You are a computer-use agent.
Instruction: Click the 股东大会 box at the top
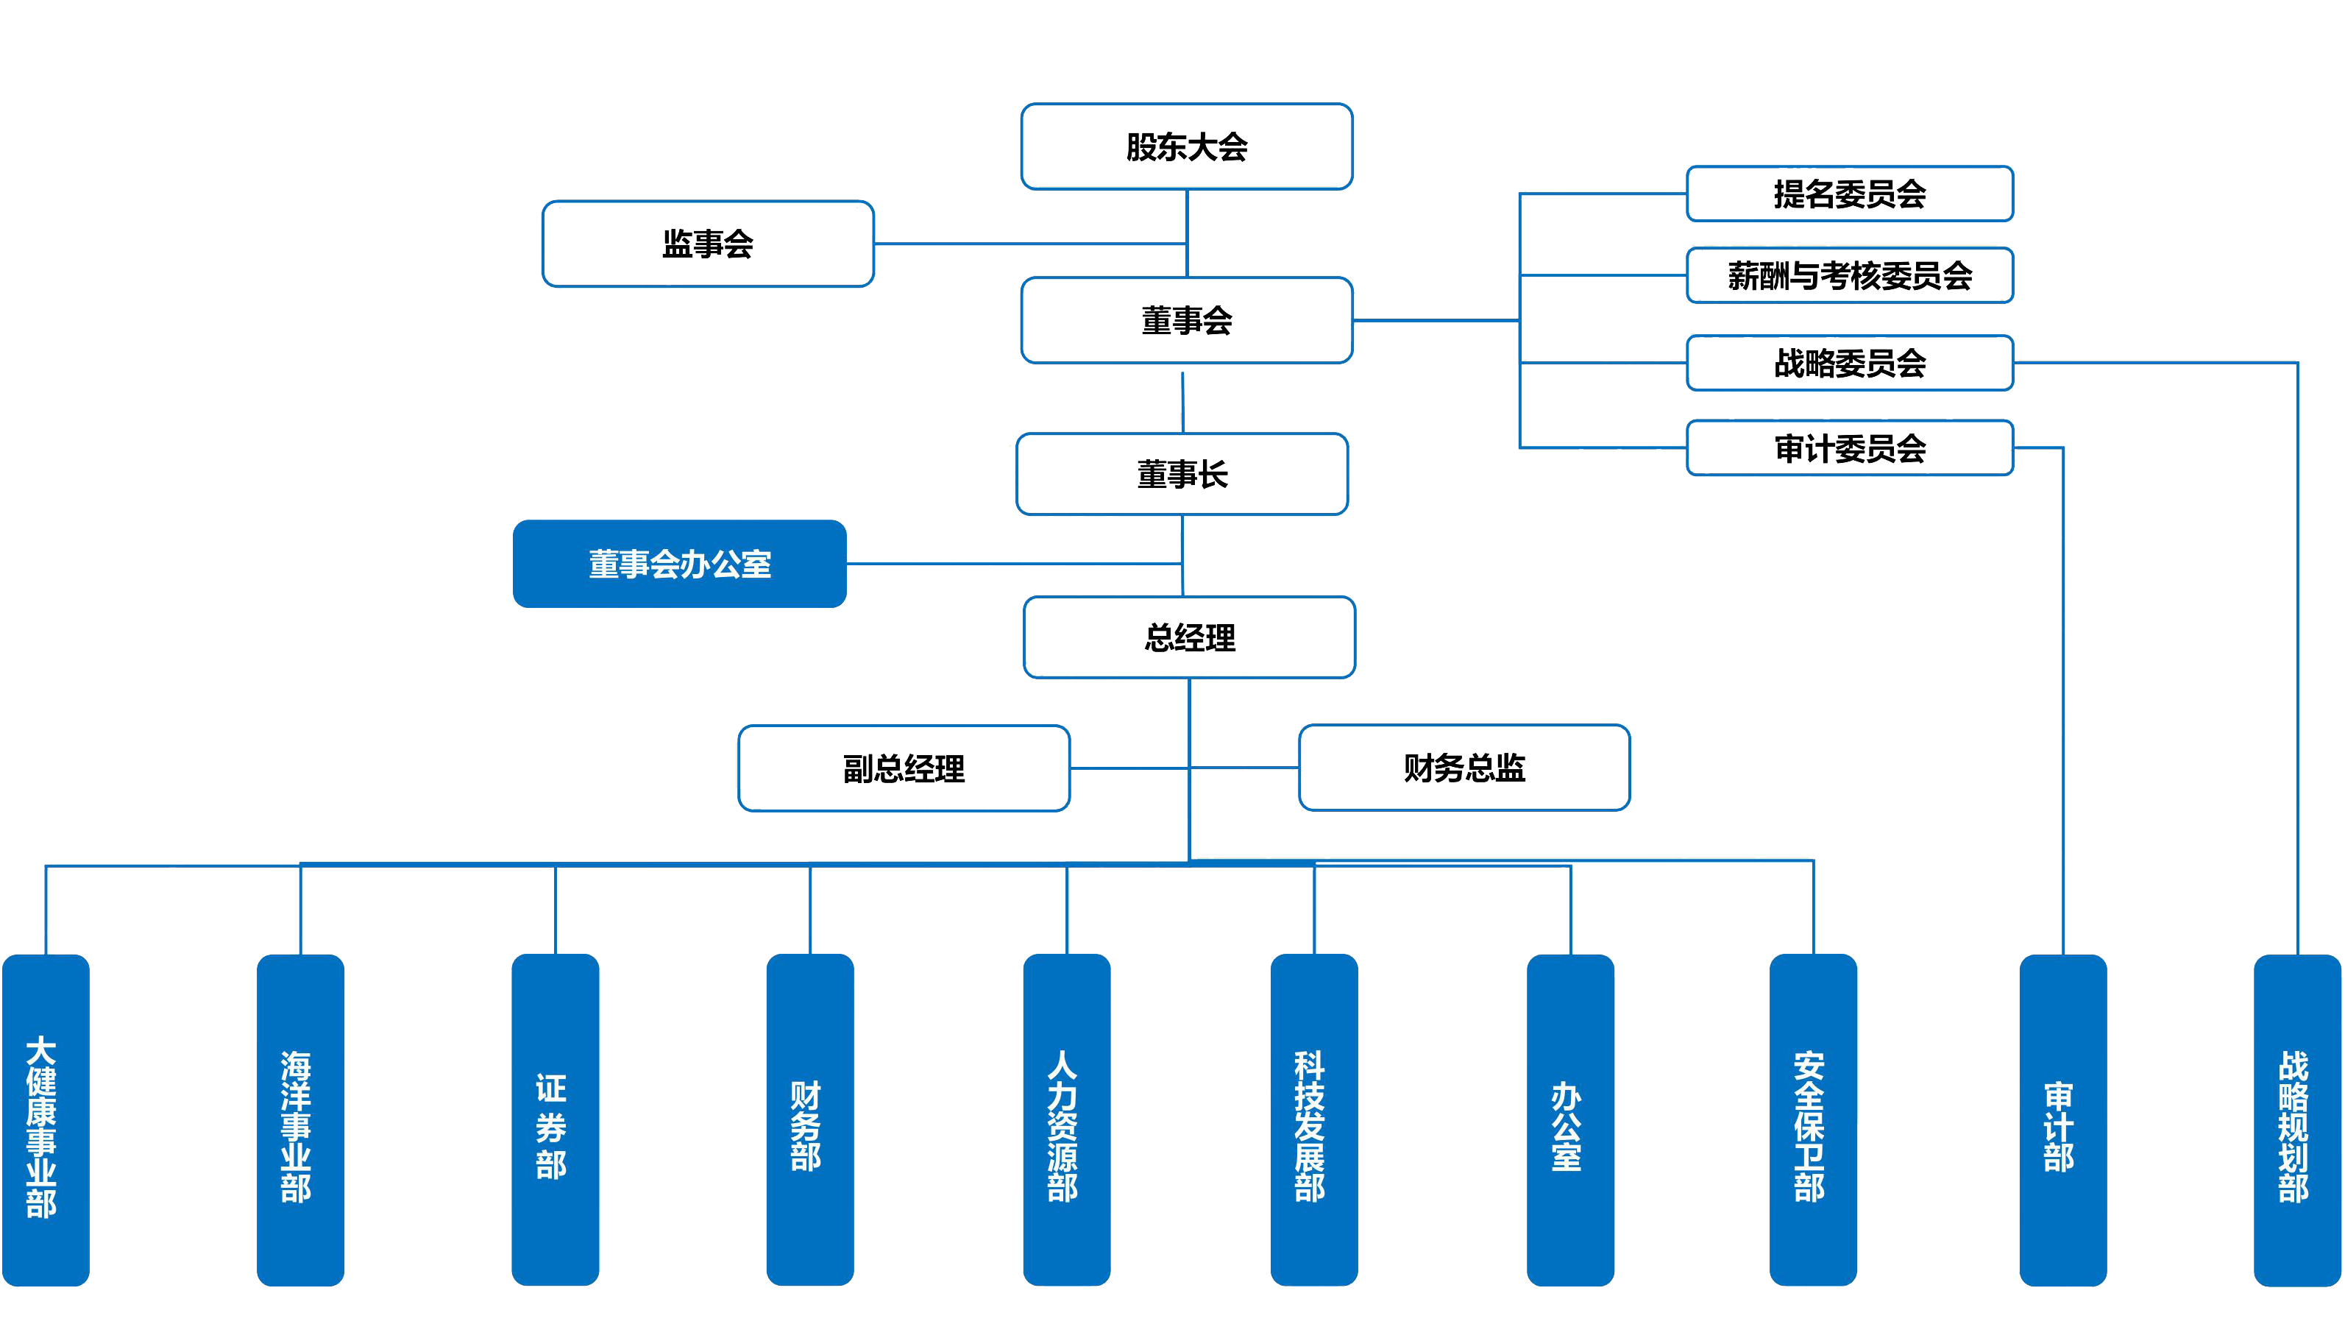pos(1186,147)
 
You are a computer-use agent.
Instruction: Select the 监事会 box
pos(707,244)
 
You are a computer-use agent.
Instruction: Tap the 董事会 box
pos(1186,321)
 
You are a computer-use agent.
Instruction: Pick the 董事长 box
pos(1182,474)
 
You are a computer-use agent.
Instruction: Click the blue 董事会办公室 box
pos(680,563)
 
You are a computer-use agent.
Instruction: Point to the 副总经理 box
pos(904,768)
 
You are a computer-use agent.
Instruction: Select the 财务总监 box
pos(1464,768)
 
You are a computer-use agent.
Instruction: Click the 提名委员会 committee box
pos(1849,194)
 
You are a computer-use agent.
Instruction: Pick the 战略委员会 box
pos(1849,363)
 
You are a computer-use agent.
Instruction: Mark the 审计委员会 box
pos(1849,448)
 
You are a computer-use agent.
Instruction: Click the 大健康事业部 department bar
pos(45,1119)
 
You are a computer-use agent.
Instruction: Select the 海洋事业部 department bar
pos(300,1119)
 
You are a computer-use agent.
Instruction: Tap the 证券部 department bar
pos(555,1119)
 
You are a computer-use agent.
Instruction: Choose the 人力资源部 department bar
pos(1066,1119)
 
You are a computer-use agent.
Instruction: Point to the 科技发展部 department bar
pos(1313,1119)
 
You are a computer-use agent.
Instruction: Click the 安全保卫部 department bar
pos(1812,1119)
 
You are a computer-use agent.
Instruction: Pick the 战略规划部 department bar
pos(2296,1119)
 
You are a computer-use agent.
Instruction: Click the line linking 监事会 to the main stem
pos(1029,244)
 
